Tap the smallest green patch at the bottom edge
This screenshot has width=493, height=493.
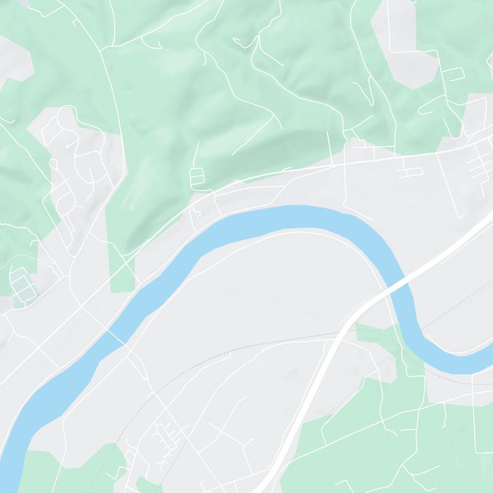point(148,485)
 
